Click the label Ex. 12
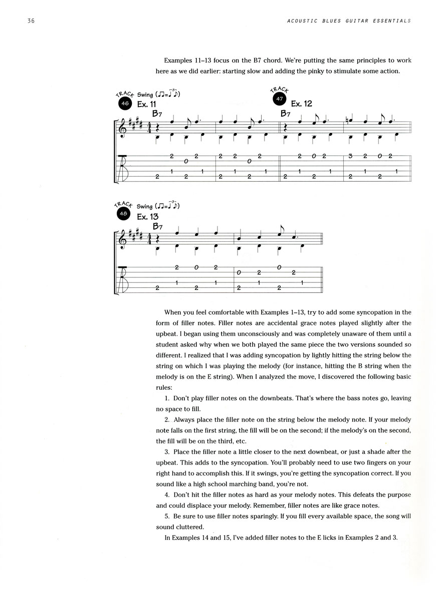pos(301,104)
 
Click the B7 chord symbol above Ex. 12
pos(286,114)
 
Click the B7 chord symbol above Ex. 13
pos(158,226)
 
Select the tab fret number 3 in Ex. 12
pos(351,157)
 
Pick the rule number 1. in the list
pos(168,398)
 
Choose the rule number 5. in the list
pos(168,516)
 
